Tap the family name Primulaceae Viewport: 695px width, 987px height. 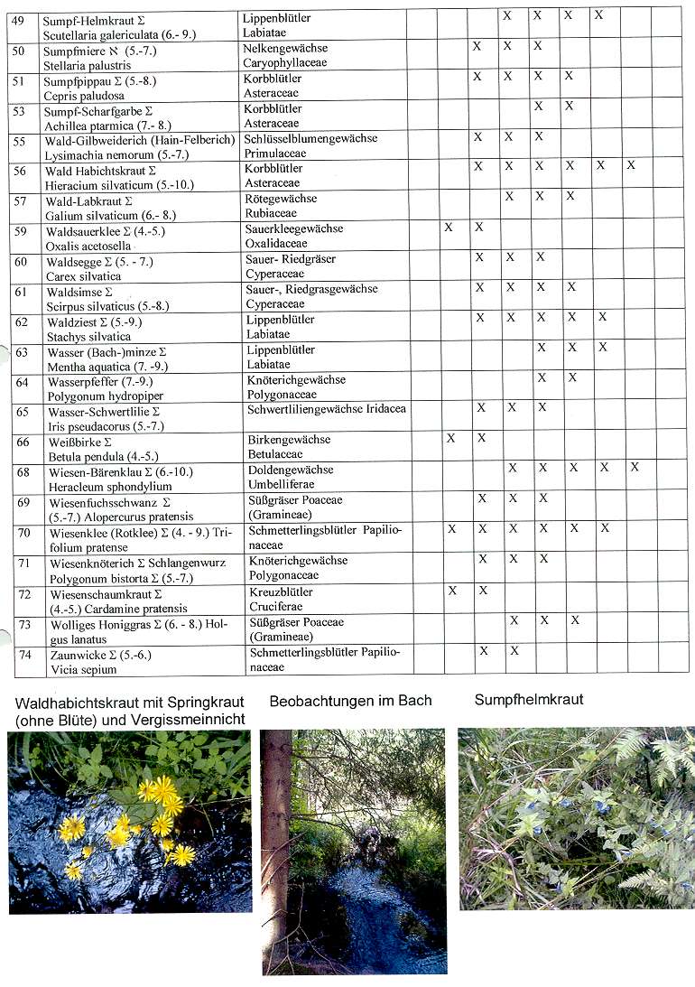tap(275, 154)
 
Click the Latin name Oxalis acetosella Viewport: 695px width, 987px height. tap(88, 246)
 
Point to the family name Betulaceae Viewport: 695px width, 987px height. tap(275, 455)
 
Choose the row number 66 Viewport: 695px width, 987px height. tap(23, 442)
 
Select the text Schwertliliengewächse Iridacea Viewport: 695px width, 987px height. tap(326, 409)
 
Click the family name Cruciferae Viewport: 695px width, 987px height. tap(275, 607)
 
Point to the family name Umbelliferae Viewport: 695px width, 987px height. tap(280, 486)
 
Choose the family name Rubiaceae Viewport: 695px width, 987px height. tap(271, 214)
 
